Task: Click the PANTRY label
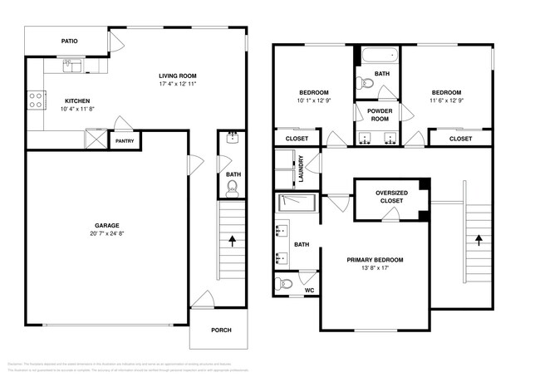[125, 141]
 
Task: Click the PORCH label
[220, 330]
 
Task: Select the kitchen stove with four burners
[37, 100]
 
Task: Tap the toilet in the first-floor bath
[233, 189]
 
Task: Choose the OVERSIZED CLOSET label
[390, 197]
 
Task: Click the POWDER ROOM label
[379, 115]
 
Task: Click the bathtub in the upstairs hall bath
[380, 56]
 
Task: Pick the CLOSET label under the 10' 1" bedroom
[297, 139]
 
